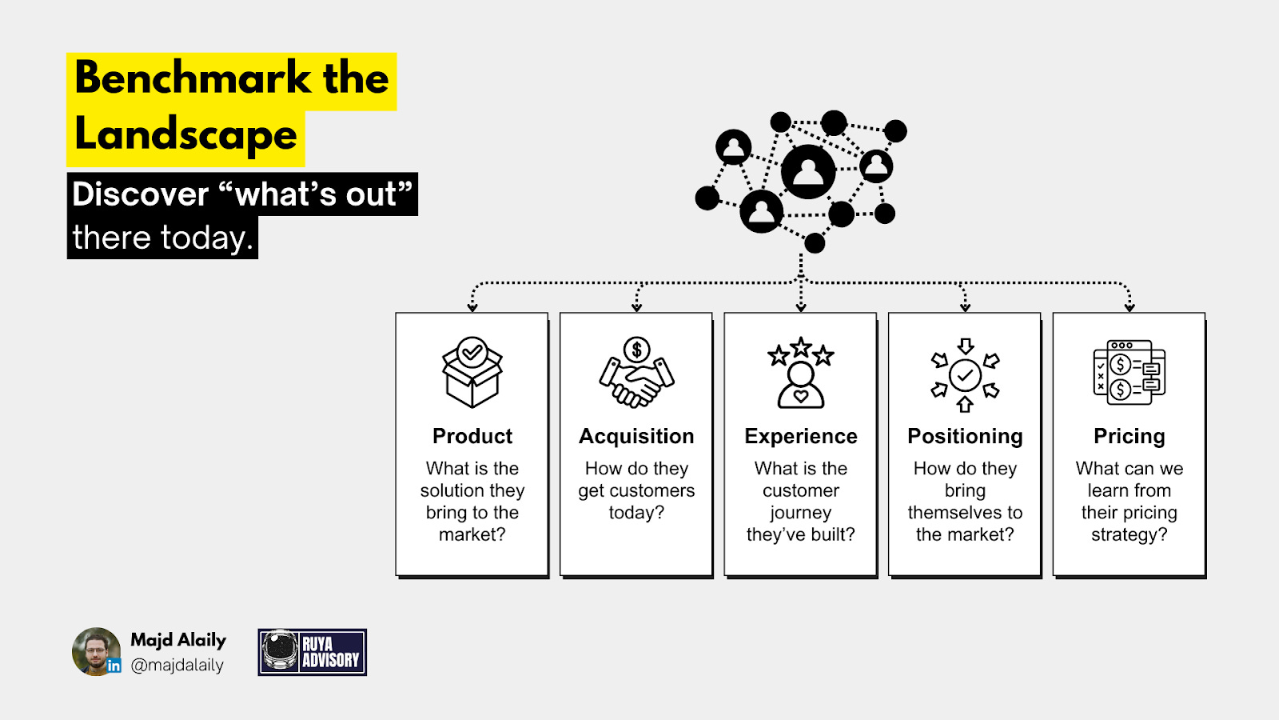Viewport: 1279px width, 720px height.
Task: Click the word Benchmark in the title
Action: pyautogui.click(x=193, y=78)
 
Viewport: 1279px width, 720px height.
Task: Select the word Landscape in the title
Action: pyautogui.click(x=185, y=134)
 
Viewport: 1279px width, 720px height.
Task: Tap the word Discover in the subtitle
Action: pyautogui.click(x=141, y=194)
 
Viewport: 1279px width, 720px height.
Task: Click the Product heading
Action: pyautogui.click(x=472, y=436)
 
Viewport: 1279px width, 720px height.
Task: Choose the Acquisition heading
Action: pyautogui.click(x=636, y=436)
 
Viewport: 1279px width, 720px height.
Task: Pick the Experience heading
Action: pyautogui.click(x=801, y=436)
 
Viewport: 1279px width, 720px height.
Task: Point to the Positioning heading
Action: pyautogui.click(x=965, y=436)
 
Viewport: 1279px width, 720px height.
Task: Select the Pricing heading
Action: pyautogui.click(x=1129, y=436)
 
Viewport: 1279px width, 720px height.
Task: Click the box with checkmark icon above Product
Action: pyautogui.click(x=472, y=372)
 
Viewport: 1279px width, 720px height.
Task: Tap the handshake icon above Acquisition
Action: pyautogui.click(x=636, y=373)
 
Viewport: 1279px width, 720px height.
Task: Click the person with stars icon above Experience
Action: pyautogui.click(x=801, y=373)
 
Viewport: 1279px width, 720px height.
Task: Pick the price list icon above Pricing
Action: pyautogui.click(x=1129, y=372)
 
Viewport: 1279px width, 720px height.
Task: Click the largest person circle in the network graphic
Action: pyautogui.click(x=808, y=171)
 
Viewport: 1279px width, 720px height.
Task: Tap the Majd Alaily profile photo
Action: pyautogui.click(x=95, y=651)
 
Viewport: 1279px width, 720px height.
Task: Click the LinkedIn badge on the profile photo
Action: pyautogui.click(x=114, y=666)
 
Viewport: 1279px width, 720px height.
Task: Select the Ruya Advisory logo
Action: pyautogui.click(x=313, y=652)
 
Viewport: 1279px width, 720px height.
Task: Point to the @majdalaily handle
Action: pyautogui.click(x=177, y=665)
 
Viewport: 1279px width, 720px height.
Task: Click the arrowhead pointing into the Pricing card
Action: pyautogui.click(x=1129, y=307)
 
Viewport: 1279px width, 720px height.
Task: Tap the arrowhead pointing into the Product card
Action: pyautogui.click(x=472, y=307)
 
